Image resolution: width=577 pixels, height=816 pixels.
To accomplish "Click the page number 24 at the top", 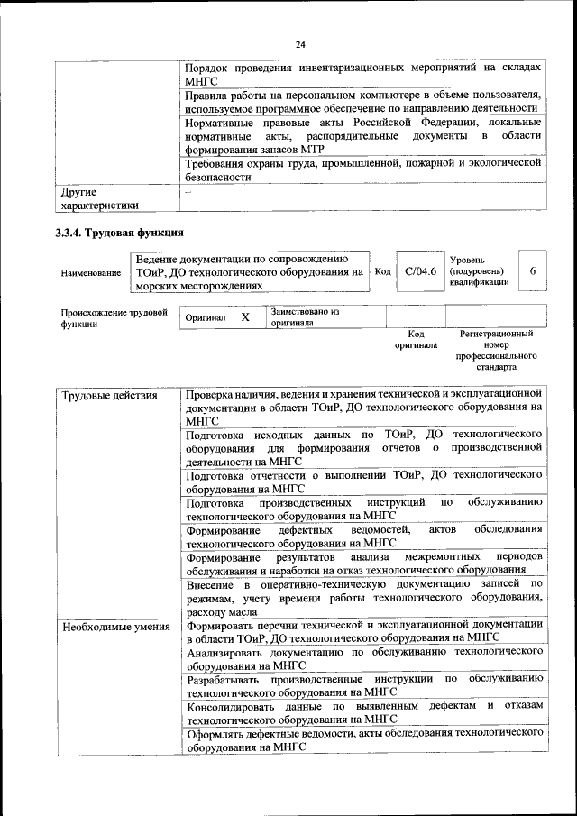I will (x=300, y=44).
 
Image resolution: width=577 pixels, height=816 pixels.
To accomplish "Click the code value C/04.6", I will (x=420, y=271).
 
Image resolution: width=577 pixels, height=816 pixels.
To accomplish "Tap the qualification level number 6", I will (x=533, y=271).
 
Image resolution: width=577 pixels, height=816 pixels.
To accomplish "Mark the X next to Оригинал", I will (x=245, y=318).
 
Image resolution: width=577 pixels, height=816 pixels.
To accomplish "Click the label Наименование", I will (x=91, y=272).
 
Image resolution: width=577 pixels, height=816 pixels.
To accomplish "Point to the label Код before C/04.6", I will (x=382, y=271).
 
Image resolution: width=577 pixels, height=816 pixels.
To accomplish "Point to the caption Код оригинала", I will (x=416, y=339).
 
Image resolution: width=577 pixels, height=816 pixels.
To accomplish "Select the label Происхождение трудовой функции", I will (x=111, y=318).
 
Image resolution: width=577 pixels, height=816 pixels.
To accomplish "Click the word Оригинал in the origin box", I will (x=205, y=319).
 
